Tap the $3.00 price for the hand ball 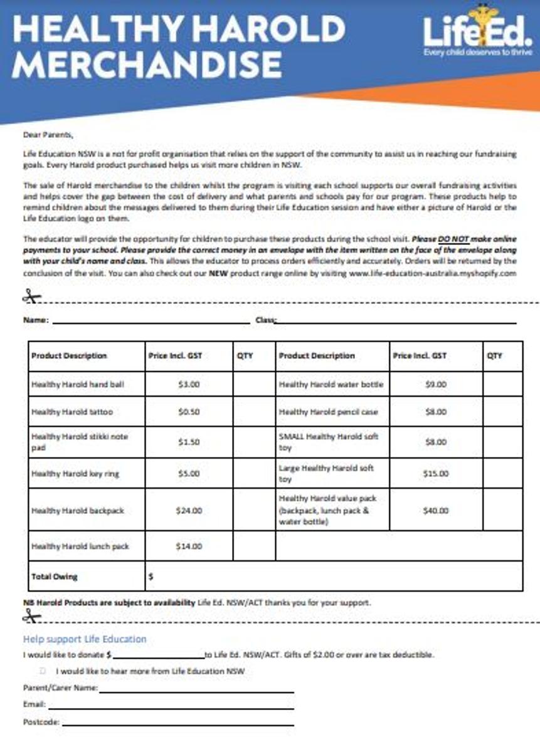(189, 384)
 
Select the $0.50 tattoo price (189, 412)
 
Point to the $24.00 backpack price (189, 511)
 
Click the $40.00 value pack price (436, 511)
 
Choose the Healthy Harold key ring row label (75, 474)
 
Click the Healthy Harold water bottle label (331, 384)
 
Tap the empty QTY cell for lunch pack (254, 546)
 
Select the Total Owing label (55, 577)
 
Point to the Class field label (265, 320)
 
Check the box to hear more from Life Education (43, 671)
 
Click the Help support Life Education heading (85, 639)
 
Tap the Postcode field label (41, 722)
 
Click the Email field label (34, 704)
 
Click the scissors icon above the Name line (31, 296)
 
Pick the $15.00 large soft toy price (436, 474)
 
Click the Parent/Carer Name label (60, 688)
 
